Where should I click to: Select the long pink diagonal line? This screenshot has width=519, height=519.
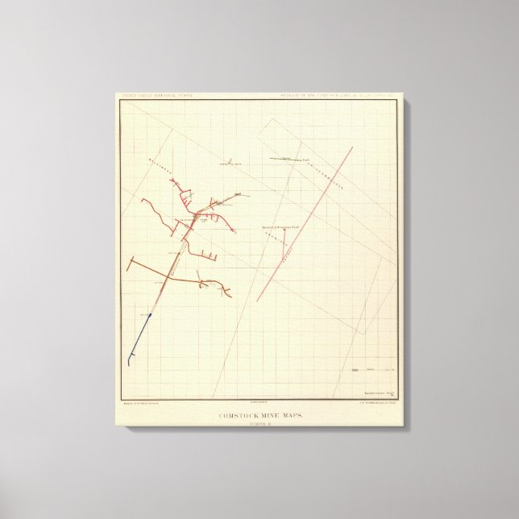tap(306, 222)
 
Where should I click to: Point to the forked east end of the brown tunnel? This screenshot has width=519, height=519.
tap(226, 289)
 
